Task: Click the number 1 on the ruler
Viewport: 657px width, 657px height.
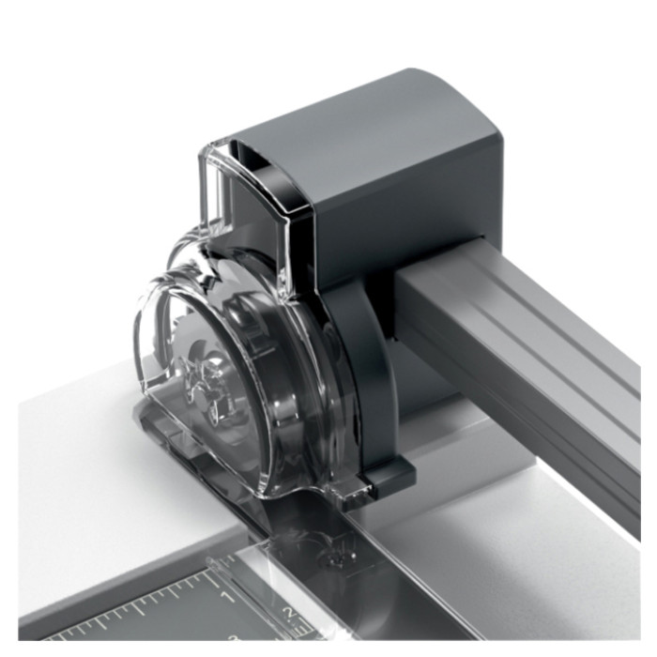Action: point(229,597)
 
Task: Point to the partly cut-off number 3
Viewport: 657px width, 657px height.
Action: point(234,637)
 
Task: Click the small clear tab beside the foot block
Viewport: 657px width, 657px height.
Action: point(357,494)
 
